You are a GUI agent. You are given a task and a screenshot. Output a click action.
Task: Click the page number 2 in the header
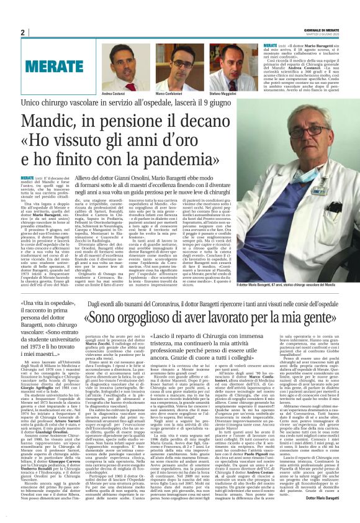coord(22,32)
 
